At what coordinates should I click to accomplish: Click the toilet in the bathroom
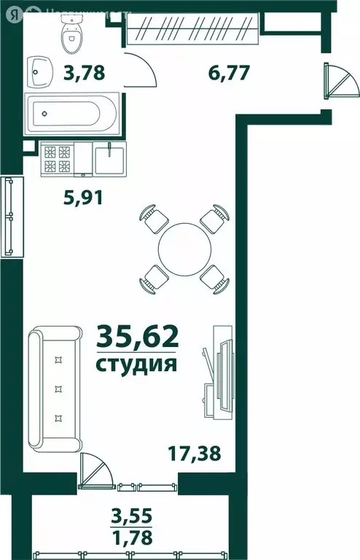(71, 32)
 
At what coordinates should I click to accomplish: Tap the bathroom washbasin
(42, 71)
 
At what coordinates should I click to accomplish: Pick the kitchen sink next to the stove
(109, 159)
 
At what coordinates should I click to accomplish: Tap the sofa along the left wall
(55, 388)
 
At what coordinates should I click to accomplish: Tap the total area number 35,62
(137, 338)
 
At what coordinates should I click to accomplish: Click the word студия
(137, 363)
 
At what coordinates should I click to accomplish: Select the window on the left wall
(10, 217)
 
